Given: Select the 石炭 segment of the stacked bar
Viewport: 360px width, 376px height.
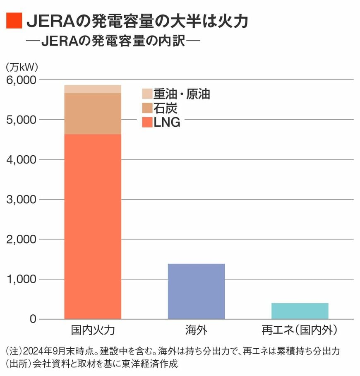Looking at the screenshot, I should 93,113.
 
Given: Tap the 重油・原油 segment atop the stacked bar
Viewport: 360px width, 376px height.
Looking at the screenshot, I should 93,89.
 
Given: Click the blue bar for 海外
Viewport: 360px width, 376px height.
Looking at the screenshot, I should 196,291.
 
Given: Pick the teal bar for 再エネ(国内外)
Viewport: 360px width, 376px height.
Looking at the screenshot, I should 300,311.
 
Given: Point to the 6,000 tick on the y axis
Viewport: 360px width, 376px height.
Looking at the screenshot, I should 22,80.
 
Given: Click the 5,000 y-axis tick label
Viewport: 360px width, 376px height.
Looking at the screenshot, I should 22,120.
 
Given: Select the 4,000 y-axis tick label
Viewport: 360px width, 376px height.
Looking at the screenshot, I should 22,159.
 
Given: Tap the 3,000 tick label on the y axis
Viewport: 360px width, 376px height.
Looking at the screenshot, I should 22,200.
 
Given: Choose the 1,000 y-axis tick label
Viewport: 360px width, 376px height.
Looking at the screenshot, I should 22,280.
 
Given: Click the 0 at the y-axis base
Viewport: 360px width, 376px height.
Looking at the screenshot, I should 33,319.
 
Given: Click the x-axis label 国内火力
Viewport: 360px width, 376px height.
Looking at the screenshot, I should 93,330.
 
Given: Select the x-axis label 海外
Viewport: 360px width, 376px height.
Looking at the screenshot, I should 196,330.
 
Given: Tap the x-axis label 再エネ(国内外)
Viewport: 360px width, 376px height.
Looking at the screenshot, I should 300,330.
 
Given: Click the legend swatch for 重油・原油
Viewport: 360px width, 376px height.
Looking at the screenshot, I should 147,94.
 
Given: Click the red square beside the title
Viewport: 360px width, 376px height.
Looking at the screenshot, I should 14,21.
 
